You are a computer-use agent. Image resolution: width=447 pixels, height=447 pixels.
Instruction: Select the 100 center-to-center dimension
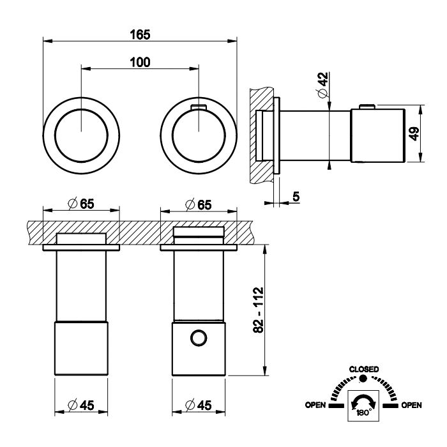pyautogui.click(x=140, y=62)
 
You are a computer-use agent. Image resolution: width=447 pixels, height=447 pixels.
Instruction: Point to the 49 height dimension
pyautogui.click(x=414, y=134)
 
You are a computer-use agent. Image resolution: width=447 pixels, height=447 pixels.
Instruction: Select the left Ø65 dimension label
pyautogui.click(x=81, y=204)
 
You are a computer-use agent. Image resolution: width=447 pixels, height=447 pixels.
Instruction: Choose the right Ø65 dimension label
pyautogui.click(x=199, y=204)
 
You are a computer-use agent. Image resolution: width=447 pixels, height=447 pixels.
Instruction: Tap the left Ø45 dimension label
pyautogui.click(x=81, y=404)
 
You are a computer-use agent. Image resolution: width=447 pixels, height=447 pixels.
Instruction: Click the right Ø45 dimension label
pyautogui.click(x=199, y=404)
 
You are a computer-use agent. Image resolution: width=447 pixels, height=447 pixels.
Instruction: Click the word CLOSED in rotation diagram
pyautogui.click(x=364, y=369)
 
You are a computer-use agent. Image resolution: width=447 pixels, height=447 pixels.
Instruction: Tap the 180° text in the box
pyautogui.click(x=363, y=413)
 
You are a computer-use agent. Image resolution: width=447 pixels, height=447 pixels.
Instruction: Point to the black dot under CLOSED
pyautogui.click(x=364, y=379)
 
